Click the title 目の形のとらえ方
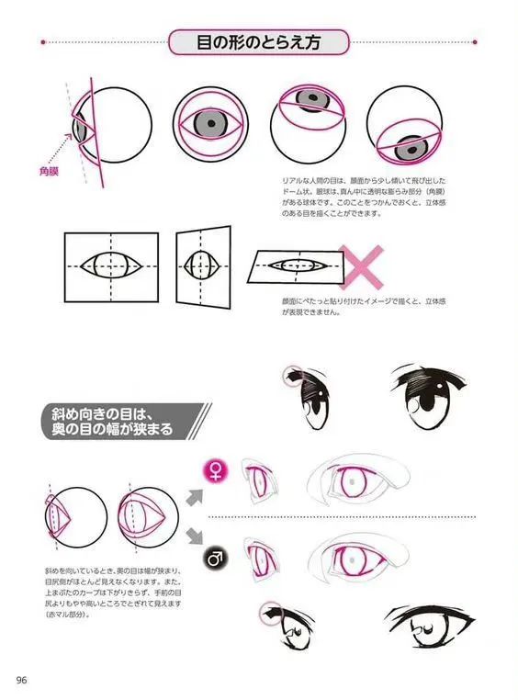pos(259,42)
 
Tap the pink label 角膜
pos(50,170)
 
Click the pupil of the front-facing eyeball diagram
pos(211,121)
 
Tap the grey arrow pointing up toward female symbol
pos(194,497)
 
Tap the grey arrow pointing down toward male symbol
pos(194,536)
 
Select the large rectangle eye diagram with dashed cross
pos(111,265)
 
